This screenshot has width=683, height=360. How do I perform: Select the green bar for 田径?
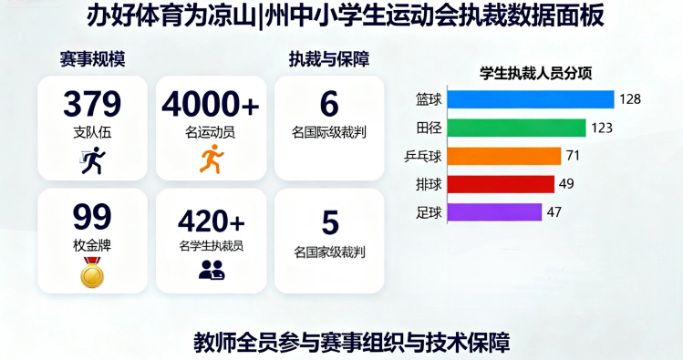point(514,128)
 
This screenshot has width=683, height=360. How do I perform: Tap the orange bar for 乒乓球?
point(502,156)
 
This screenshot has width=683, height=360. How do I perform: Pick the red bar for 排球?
point(498,184)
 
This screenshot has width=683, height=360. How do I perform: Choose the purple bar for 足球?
point(492,212)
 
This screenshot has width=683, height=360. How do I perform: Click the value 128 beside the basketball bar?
point(629,99)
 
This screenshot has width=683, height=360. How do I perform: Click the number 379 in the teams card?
point(92,104)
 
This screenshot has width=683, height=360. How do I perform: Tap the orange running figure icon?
point(211,159)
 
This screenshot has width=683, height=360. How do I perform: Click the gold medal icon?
point(92,273)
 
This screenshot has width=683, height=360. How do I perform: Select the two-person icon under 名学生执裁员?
point(211,270)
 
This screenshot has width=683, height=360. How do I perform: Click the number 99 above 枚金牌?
point(92,217)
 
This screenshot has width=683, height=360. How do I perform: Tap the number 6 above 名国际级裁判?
point(329,104)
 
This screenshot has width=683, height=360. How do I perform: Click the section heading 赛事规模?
point(92,59)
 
